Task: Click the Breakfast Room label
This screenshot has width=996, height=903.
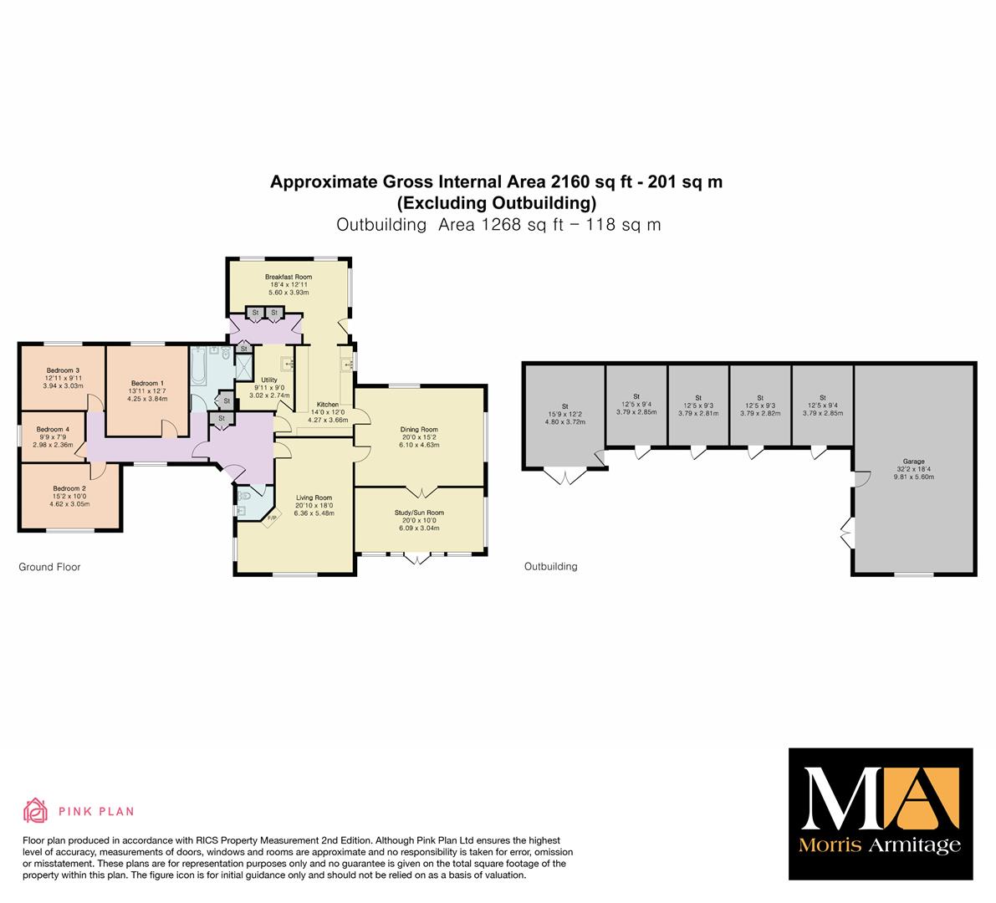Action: [x=289, y=277]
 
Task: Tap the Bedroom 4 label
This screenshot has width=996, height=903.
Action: [x=53, y=429]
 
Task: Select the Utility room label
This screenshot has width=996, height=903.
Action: [x=269, y=380]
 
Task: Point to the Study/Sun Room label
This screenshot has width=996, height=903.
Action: [x=419, y=513]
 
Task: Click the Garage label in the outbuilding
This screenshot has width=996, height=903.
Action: [x=913, y=462]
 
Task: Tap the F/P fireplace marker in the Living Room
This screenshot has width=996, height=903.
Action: [x=271, y=518]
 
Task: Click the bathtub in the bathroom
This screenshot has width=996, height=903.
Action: [x=198, y=366]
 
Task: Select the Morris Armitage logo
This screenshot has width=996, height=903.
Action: [x=881, y=814]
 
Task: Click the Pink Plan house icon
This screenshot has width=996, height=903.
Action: [x=36, y=810]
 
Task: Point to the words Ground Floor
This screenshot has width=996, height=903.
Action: [x=49, y=567]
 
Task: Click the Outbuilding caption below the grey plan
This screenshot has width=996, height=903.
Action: [x=551, y=566]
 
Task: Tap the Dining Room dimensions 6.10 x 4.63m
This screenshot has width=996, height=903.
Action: [x=419, y=445]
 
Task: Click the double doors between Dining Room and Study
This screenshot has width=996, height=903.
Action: [x=421, y=492]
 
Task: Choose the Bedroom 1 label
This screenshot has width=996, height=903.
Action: [x=147, y=383]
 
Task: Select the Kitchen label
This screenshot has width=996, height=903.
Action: [x=328, y=405]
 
